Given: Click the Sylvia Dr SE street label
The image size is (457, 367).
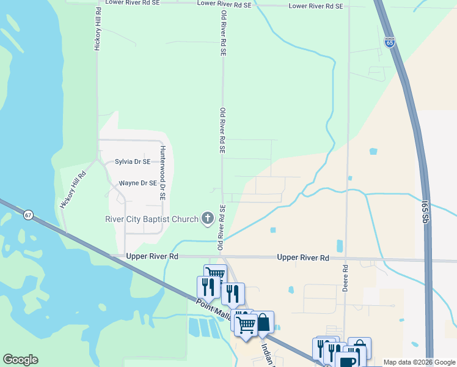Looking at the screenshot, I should click(133, 162).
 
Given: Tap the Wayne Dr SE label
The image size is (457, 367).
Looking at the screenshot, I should click(138, 183).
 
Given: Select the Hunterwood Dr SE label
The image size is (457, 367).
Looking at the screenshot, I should click(163, 174).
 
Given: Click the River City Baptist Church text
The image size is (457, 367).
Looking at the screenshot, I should click(150, 219).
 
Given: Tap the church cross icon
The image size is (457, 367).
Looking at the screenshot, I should click(208, 218).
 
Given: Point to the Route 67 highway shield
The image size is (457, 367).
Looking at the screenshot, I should click(28, 215).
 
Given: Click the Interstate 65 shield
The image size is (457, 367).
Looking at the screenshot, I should click(390, 42).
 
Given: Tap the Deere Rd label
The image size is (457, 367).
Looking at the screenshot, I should click(345, 278).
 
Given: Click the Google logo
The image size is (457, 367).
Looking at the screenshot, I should click(20, 360).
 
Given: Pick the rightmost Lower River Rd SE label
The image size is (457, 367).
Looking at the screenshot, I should click(316, 6).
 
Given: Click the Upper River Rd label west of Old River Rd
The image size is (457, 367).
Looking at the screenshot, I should click(152, 256).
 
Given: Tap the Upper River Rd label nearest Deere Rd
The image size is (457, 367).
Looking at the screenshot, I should click(303, 258).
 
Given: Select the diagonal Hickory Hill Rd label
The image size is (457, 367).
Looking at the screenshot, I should click(73, 190).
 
